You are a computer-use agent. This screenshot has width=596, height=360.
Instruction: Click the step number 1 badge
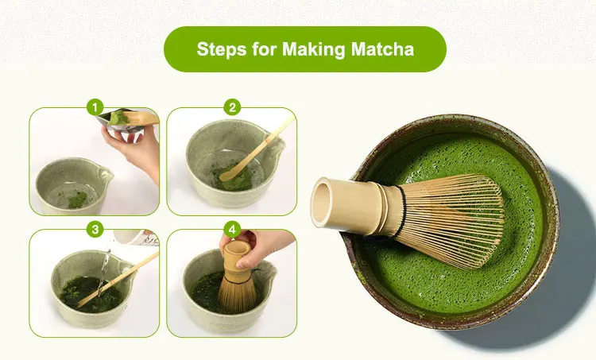coord(95,107)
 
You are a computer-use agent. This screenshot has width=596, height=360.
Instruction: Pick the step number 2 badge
coord(232,107)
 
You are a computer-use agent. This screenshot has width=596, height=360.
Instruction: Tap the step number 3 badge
coord(95,229)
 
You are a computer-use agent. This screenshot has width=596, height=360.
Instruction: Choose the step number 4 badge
coord(232,229)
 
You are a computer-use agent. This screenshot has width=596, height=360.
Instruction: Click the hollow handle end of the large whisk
coord(321,203)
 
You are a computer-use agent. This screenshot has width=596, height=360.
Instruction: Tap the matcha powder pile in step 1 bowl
coord(77,199)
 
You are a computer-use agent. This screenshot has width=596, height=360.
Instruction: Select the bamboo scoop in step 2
coord(255,151)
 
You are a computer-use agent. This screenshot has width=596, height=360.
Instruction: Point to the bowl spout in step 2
coord(280,145)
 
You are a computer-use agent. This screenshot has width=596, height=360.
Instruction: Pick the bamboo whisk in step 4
coord(238,281)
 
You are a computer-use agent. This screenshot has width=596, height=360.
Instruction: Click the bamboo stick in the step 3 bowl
coord(118,280)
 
